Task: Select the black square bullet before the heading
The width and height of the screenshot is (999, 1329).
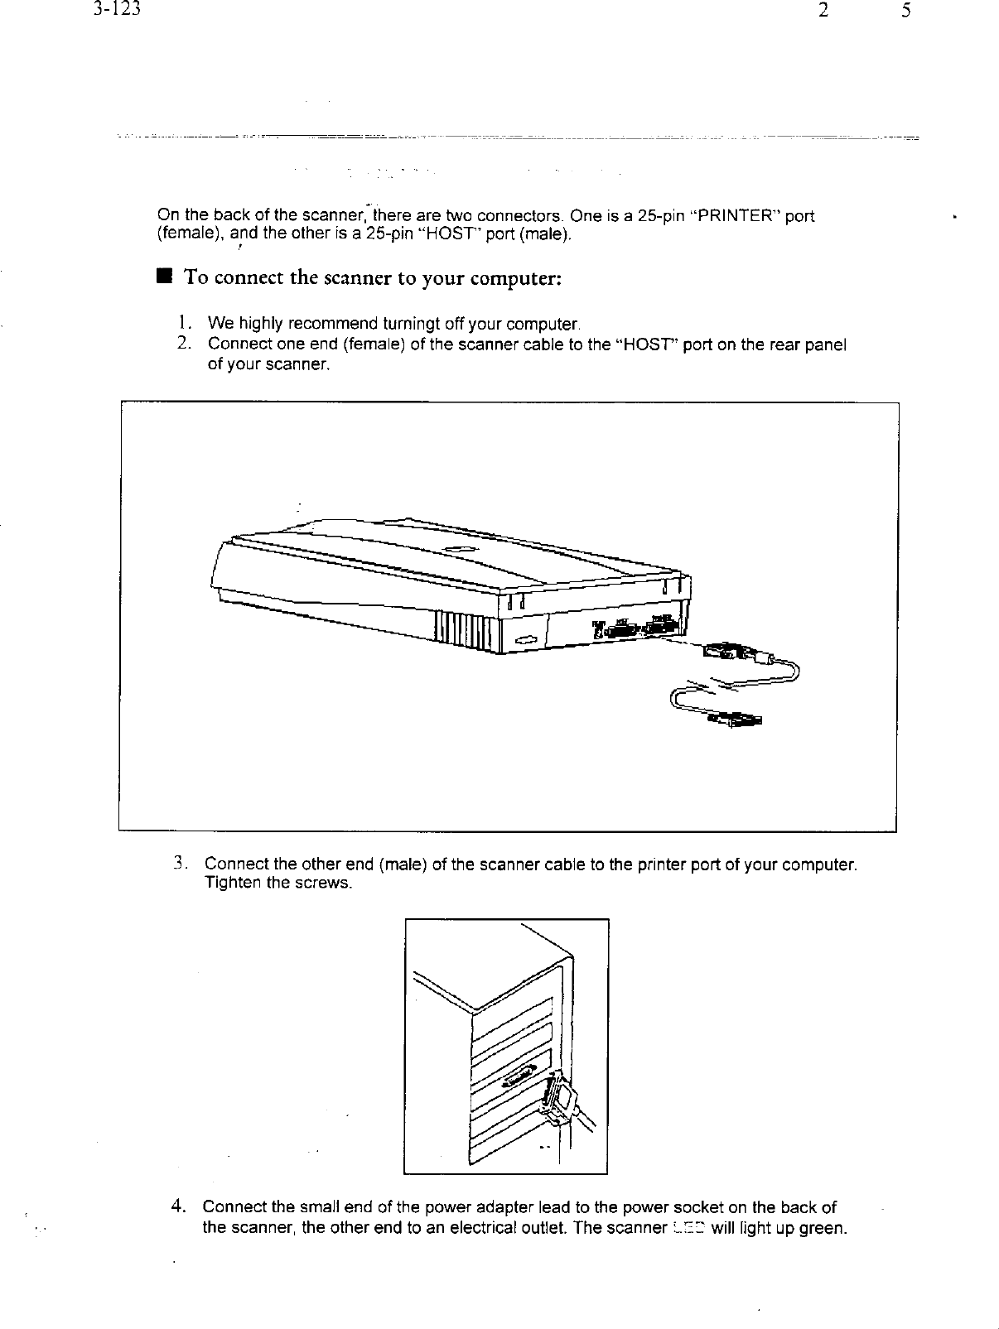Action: [x=166, y=277]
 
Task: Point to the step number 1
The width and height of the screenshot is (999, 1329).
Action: [x=184, y=322]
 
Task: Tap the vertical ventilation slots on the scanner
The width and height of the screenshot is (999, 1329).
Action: [x=466, y=634]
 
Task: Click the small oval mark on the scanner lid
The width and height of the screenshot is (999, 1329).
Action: [x=458, y=549]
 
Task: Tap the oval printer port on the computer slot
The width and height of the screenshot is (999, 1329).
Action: [x=517, y=1076]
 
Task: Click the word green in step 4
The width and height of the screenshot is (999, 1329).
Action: [x=823, y=1227]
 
